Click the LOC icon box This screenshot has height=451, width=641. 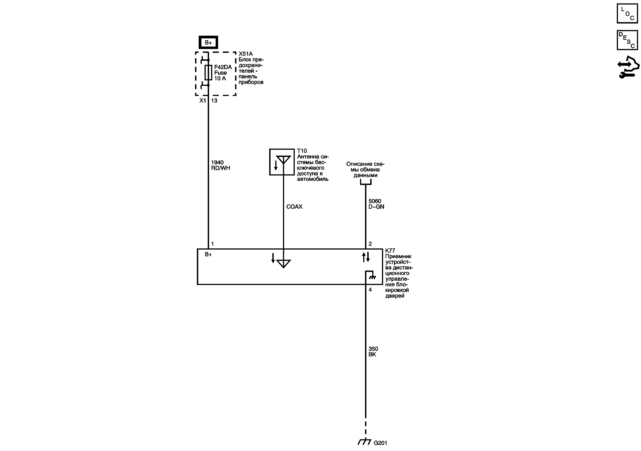pyautogui.click(x=627, y=13)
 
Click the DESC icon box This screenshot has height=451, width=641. pyautogui.click(x=627, y=40)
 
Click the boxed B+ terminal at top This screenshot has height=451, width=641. pyautogui.click(x=208, y=42)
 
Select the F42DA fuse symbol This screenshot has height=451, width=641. pyautogui.click(x=208, y=72)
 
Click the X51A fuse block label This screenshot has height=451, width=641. pyautogui.click(x=245, y=54)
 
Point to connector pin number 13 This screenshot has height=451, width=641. pyautogui.click(x=214, y=101)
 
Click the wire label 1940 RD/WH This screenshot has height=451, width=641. pyautogui.click(x=220, y=165)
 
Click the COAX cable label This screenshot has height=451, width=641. pyautogui.click(x=294, y=207)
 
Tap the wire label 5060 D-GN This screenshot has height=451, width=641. pyautogui.click(x=376, y=204)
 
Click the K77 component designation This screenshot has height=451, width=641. pyautogui.click(x=390, y=251)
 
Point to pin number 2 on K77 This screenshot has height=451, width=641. pyautogui.click(x=370, y=244)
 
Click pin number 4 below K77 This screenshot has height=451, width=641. pyautogui.click(x=370, y=290)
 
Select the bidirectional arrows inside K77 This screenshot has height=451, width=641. pyautogui.click(x=366, y=257)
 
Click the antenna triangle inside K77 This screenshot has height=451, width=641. pyautogui.click(x=283, y=263)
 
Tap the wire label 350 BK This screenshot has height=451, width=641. pyautogui.click(x=373, y=351)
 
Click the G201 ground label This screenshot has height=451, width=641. pyautogui.click(x=380, y=443)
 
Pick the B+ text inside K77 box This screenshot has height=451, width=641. pyautogui.click(x=208, y=254)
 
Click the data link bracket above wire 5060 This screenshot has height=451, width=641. pyautogui.click(x=365, y=182)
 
